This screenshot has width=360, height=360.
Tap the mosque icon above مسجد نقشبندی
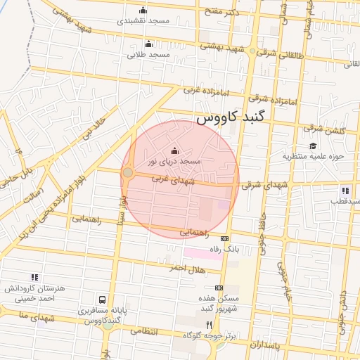tap(143, 10)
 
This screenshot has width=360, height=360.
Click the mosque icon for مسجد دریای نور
tap(175, 150)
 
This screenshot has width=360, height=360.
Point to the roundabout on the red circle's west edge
tap(128, 172)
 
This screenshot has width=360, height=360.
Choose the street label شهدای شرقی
tap(260, 185)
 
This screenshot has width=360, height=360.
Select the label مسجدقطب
tap(344, 200)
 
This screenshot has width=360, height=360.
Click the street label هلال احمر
tap(186, 268)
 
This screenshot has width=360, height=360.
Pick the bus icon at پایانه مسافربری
tap(103, 299)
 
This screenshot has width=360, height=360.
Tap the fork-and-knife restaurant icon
tap(208, 325)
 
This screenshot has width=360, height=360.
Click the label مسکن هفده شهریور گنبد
tap(219, 304)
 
